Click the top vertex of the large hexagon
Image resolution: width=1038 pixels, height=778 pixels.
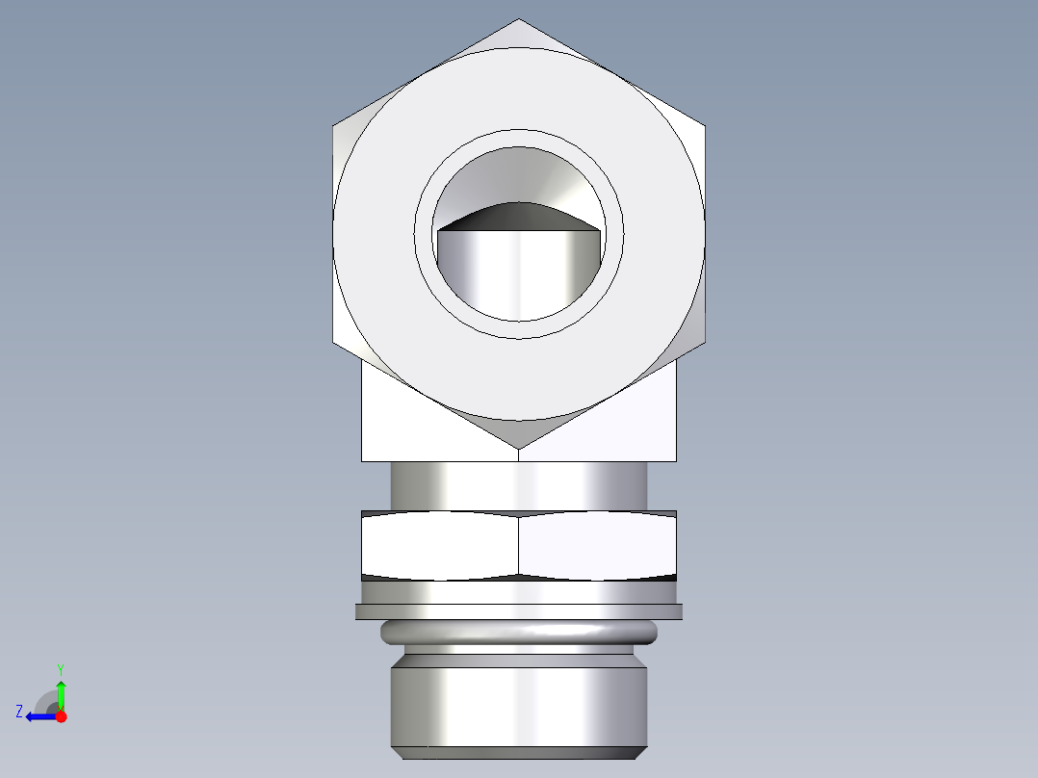(519, 20)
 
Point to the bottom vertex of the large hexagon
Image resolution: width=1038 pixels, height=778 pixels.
(519, 448)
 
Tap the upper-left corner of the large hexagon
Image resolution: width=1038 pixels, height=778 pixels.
(334, 125)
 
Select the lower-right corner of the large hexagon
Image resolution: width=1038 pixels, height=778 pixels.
(705, 343)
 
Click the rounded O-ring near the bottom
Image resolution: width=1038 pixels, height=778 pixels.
(519, 633)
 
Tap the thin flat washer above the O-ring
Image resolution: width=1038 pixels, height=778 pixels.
(519, 610)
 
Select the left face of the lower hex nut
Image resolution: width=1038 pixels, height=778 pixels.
(439, 546)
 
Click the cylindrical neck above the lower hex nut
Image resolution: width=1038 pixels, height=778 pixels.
(519, 485)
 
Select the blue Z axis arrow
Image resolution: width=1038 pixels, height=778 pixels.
(39, 716)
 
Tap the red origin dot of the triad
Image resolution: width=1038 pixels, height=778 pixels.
(61, 716)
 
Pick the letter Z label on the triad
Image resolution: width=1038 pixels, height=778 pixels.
(19, 712)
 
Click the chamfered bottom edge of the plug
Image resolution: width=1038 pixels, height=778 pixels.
(519, 752)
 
